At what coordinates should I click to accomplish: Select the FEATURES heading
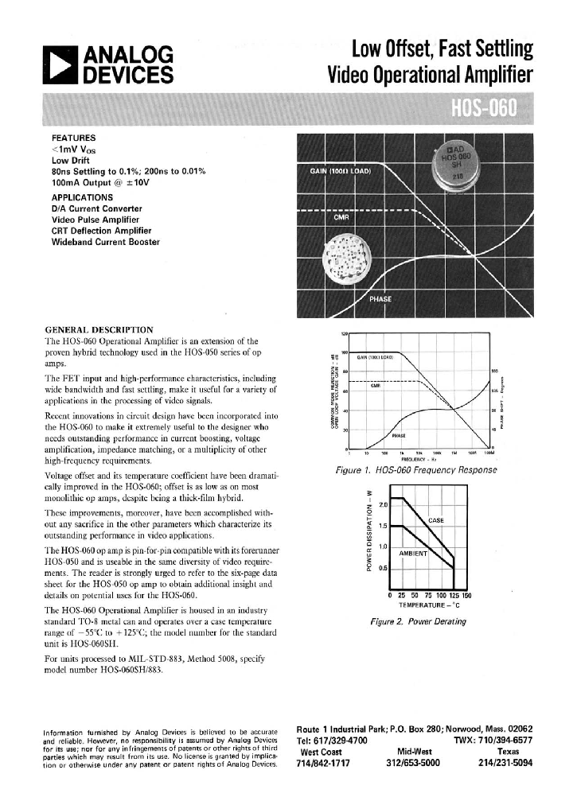tap(73, 138)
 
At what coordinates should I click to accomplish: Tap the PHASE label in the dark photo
tap(380, 299)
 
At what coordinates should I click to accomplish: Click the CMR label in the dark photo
tap(341, 216)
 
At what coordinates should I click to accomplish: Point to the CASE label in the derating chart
tap(436, 520)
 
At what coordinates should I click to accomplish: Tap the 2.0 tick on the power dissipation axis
tap(382, 505)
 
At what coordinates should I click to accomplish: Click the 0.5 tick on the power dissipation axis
tap(382, 567)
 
